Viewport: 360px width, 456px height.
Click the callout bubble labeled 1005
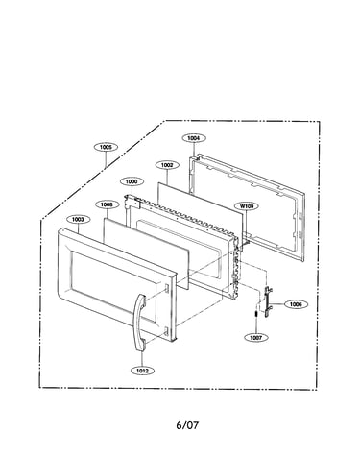pyautogui.click(x=106, y=147)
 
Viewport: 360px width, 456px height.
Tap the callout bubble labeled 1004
pyautogui.click(x=194, y=138)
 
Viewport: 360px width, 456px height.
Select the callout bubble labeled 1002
pyautogui.click(x=167, y=165)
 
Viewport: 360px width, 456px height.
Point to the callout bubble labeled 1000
pyautogui.click(x=132, y=181)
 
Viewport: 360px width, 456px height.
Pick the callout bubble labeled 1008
pyautogui.click(x=108, y=204)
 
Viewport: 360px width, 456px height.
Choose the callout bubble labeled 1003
pyautogui.click(x=78, y=220)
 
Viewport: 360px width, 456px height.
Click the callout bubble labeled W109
pyautogui.click(x=247, y=206)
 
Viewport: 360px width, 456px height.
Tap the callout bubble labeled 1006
pyautogui.click(x=296, y=304)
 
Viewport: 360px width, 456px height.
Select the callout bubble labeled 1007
pyautogui.click(x=256, y=338)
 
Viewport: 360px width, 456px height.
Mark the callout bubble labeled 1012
pyautogui.click(x=143, y=371)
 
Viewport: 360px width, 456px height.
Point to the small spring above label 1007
pyautogui.click(x=256, y=314)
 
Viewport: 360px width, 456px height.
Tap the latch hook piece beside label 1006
pyautogui.click(x=267, y=301)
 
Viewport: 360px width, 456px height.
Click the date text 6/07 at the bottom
pyautogui.click(x=187, y=425)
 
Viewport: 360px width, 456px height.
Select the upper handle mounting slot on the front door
pyautogui.click(x=167, y=288)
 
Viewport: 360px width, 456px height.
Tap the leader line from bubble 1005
pyautogui.click(x=106, y=159)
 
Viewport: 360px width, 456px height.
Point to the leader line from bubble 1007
pyautogui.click(x=256, y=326)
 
